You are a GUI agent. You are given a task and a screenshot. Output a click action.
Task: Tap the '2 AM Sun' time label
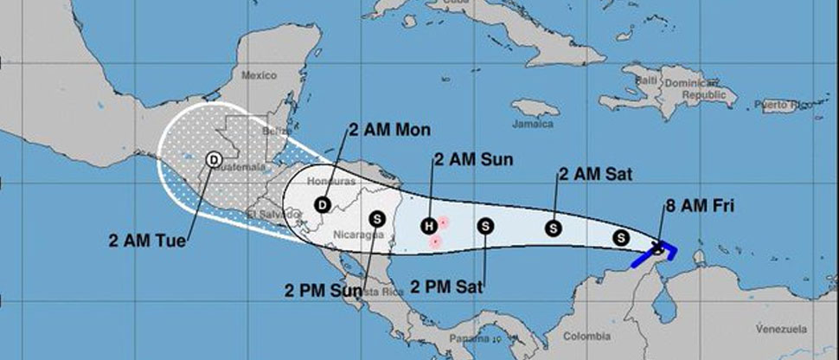473,159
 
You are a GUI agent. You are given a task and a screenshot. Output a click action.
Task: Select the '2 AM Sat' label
595,175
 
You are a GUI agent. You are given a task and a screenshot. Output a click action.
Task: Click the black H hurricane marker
427,227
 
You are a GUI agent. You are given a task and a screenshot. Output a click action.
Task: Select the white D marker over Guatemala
213,159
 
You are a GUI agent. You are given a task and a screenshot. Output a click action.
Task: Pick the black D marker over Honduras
322,205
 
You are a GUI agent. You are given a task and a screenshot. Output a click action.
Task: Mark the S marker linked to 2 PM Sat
485,227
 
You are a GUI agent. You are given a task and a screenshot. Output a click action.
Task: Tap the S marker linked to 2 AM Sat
554,228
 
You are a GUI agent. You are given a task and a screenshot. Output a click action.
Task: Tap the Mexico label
258,75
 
